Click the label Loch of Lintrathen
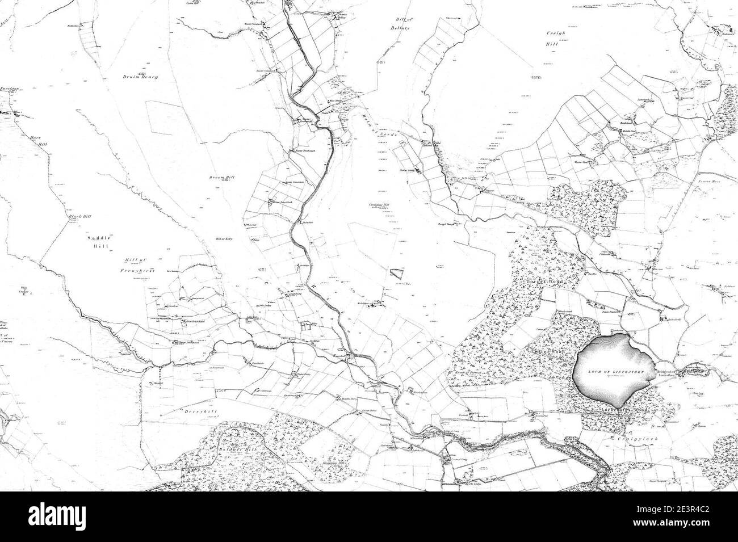615,372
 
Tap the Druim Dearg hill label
139,77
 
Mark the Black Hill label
80,217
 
